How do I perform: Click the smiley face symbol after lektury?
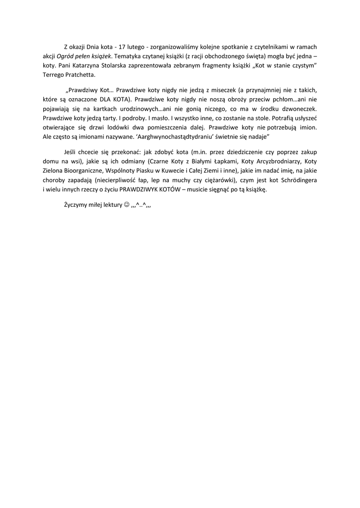click(x=126, y=205)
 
